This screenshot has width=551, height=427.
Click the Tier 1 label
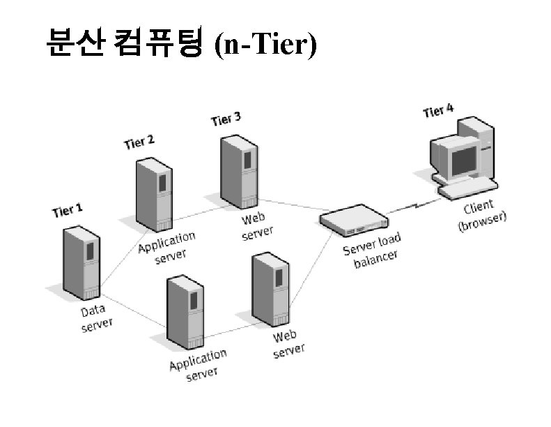(x=68, y=211)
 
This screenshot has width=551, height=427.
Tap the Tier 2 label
(x=139, y=142)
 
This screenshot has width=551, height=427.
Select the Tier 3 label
(x=226, y=119)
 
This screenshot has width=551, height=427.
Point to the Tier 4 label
(x=438, y=110)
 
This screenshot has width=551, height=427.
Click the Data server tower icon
(x=82, y=263)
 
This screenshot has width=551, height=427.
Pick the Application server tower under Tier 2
(x=154, y=195)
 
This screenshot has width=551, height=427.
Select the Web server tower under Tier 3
(x=239, y=172)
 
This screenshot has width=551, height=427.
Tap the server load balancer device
(x=354, y=220)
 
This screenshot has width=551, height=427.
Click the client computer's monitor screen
(x=463, y=161)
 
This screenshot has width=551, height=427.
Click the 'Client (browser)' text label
(x=482, y=216)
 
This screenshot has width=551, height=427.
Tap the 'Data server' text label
(x=96, y=318)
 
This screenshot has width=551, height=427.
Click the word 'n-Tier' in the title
(x=265, y=45)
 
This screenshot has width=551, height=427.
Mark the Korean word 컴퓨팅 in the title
(x=159, y=42)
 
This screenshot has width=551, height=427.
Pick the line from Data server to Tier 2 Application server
(x=125, y=259)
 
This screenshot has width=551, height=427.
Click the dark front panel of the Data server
(x=91, y=251)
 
